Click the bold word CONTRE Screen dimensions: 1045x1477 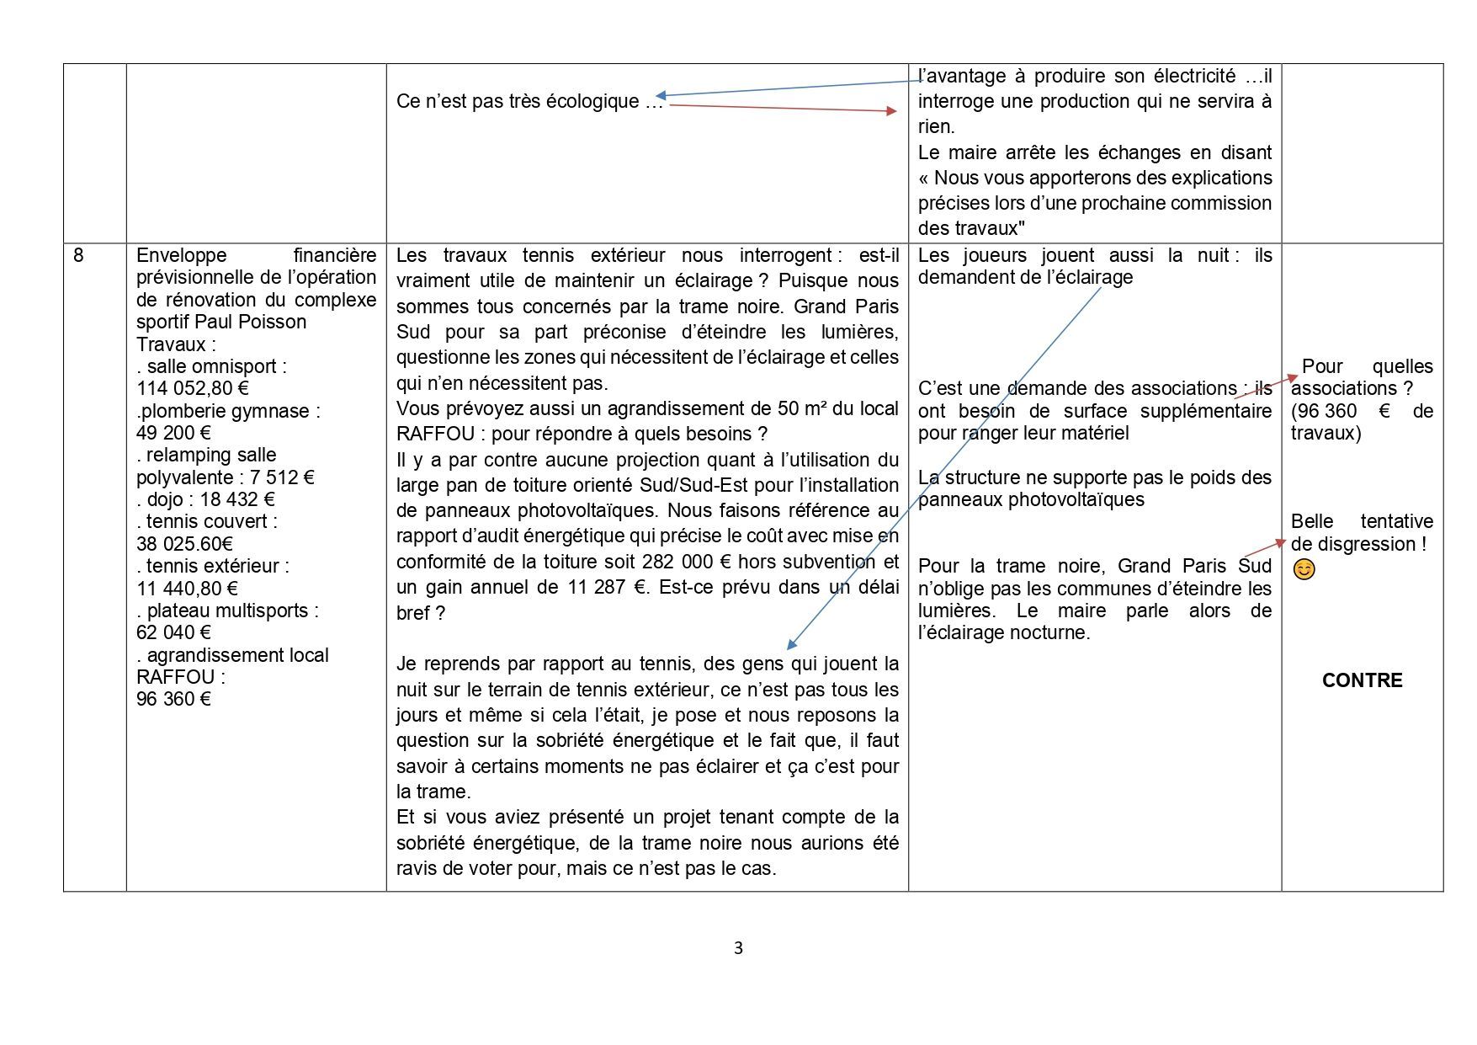click(1362, 680)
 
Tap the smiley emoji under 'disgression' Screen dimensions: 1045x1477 click(1304, 570)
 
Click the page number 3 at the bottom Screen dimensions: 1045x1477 click(738, 948)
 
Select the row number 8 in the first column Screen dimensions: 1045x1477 click(78, 255)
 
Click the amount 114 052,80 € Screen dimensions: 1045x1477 click(192, 389)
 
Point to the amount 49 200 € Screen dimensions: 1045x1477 click(173, 433)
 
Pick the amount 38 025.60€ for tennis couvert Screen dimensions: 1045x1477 click(184, 544)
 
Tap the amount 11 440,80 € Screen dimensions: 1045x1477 click(187, 589)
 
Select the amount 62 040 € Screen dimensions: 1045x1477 click(173, 632)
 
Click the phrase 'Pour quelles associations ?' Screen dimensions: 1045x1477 click(1362, 377)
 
